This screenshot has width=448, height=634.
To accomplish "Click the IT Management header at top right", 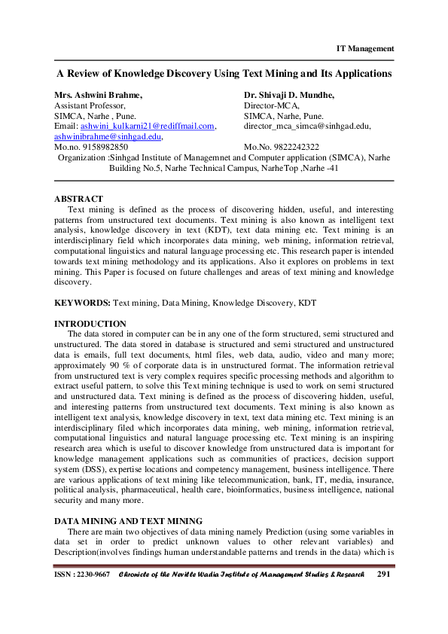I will click(x=364, y=49).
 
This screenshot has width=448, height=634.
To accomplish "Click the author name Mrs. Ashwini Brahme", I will click(x=98, y=96).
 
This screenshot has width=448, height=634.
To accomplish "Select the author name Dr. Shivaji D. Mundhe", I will click(x=289, y=96).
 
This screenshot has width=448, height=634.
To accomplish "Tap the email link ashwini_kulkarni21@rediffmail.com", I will click(x=148, y=126).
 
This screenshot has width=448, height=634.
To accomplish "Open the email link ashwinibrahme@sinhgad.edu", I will click(x=108, y=136).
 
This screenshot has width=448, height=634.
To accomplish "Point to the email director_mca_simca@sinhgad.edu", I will click(x=307, y=126).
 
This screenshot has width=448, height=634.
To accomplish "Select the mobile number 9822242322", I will click(x=294, y=147).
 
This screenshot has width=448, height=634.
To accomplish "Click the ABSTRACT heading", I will click(x=78, y=199).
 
